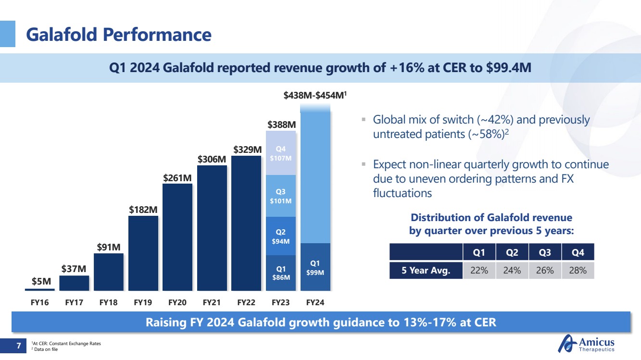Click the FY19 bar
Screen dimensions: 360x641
coord(143,253)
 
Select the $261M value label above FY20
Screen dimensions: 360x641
coord(177,178)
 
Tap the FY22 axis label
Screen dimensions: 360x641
coord(246,303)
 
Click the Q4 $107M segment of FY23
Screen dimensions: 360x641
coord(281,153)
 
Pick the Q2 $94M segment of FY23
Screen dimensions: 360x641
coord(281,236)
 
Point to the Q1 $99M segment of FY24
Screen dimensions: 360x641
coord(315,267)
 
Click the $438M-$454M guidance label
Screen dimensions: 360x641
coord(315,96)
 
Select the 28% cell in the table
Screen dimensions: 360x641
coord(578,271)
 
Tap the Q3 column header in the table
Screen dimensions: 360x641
coord(545,252)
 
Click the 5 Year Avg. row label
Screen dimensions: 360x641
coord(426,271)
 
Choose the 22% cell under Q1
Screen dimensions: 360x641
coord(479,271)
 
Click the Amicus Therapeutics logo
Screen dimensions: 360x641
coord(586,344)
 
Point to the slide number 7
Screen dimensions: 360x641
coord(18,346)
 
